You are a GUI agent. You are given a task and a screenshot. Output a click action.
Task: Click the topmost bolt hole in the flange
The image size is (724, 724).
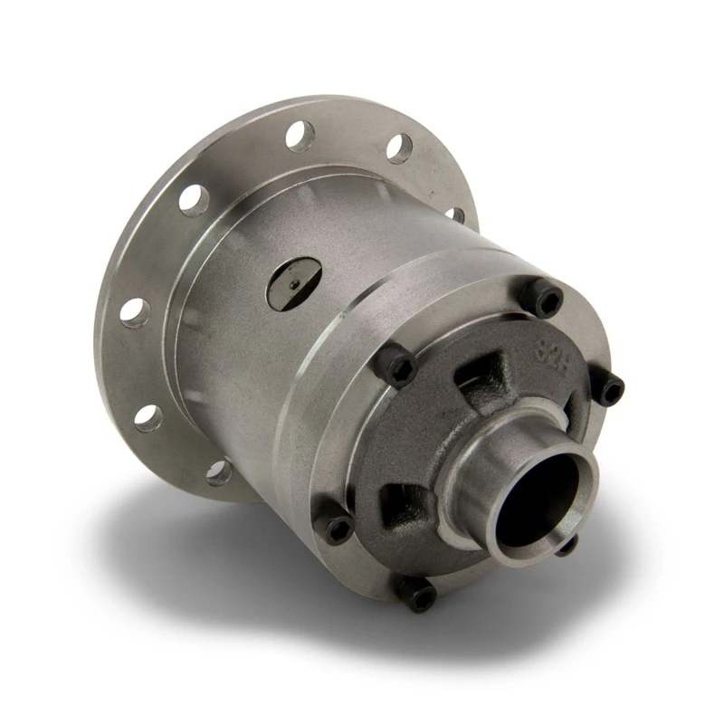299,135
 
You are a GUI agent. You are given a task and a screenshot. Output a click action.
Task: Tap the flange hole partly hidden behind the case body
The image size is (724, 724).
458,214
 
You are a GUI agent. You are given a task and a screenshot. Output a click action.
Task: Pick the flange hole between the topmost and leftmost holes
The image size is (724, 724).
194,197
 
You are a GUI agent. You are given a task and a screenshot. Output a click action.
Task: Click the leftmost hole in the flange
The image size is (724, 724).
131,310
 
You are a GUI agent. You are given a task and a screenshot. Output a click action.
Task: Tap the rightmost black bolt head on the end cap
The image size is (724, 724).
611,389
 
